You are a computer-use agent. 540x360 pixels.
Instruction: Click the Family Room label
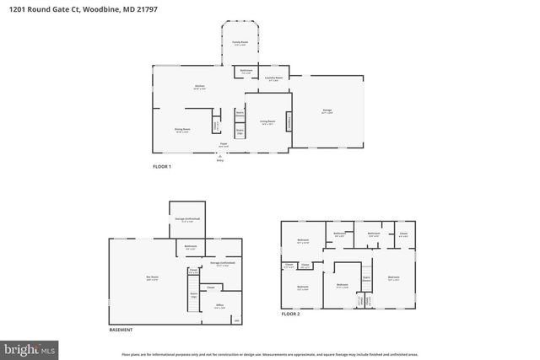[x=240, y=42]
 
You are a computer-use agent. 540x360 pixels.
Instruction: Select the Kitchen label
[x=201, y=87]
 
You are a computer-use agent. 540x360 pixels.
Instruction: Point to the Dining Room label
[x=181, y=130]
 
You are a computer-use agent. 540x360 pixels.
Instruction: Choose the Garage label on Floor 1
[x=327, y=110]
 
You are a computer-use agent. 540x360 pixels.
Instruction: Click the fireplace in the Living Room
[x=292, y=123]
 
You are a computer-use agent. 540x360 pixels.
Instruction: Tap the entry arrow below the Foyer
[x=220, y=155]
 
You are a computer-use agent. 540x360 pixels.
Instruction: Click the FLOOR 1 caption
[x=162, y=167]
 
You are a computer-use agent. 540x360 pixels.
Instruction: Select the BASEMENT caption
[x=121, y=330]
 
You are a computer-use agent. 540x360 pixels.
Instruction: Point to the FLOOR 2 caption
[x=291, y=314]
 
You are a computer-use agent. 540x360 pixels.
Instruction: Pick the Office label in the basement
[x=219, y=307]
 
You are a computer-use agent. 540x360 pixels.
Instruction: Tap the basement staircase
[x=193, y=295]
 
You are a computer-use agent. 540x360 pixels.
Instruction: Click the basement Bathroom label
[x=191, y=247]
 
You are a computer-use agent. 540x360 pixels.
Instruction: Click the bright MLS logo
[x=29, y=347]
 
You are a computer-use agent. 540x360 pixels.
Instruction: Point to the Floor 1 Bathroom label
[x=246, y=71]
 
